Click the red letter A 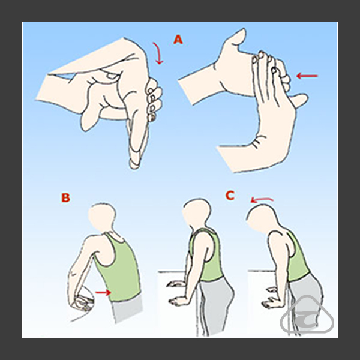pos(178,40)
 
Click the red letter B pos(65,197)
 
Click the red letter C pos(230,196)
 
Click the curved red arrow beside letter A pos(158,53)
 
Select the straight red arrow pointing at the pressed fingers pos(307,76)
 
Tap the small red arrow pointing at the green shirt pos(103,292)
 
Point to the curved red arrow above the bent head pos(262,199)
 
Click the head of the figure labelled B pos(101,216)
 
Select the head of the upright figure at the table pos(197,213)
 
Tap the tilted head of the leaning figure pos(261,218)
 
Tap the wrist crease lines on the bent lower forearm pos(257,142)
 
